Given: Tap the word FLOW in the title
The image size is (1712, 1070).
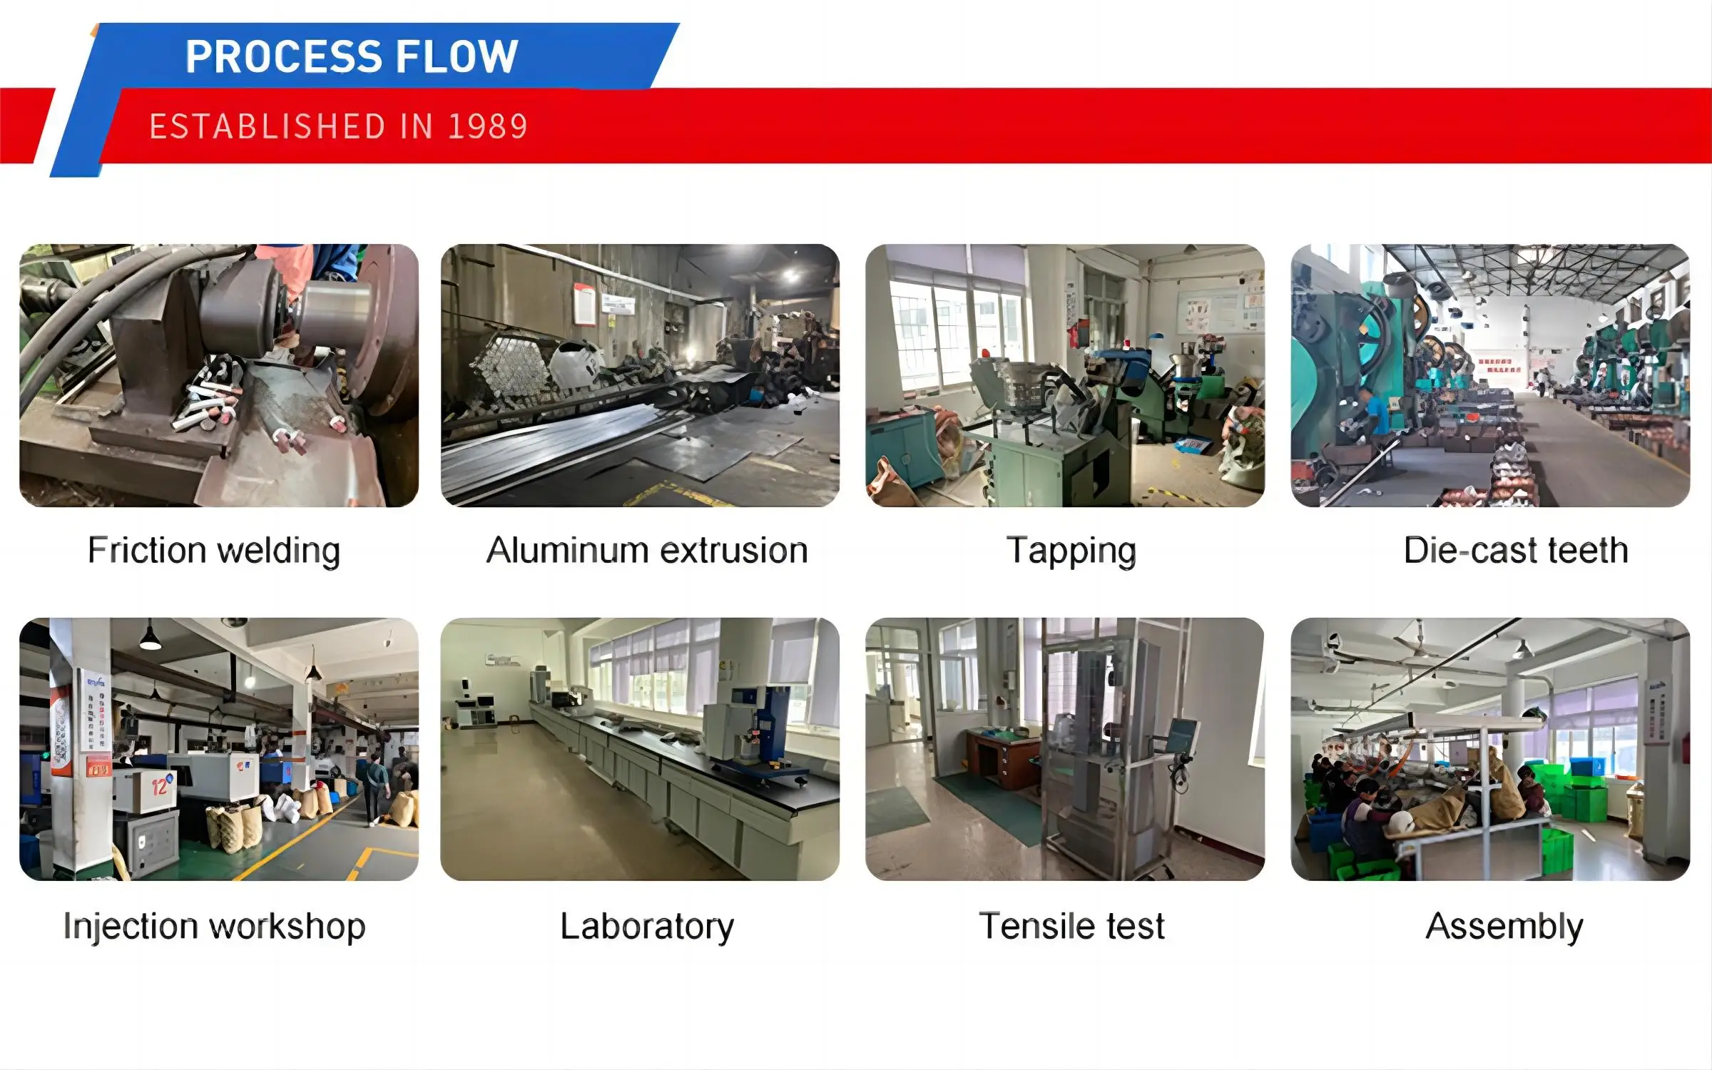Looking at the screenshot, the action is tap(457, 56).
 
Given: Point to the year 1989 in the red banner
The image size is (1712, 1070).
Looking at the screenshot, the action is tap(487, 126).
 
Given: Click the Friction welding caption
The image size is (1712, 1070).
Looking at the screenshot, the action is tap(214, 551).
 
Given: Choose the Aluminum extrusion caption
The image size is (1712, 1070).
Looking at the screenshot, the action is tap(647, 551).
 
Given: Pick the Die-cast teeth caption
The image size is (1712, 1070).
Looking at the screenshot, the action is tap(1516, 551).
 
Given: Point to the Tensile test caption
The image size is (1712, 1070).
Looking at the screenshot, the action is tap(1071, 926).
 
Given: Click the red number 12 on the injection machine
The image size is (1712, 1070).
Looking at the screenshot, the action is tap(160, 786).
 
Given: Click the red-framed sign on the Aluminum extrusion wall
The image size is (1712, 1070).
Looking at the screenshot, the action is tap(584, 304).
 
